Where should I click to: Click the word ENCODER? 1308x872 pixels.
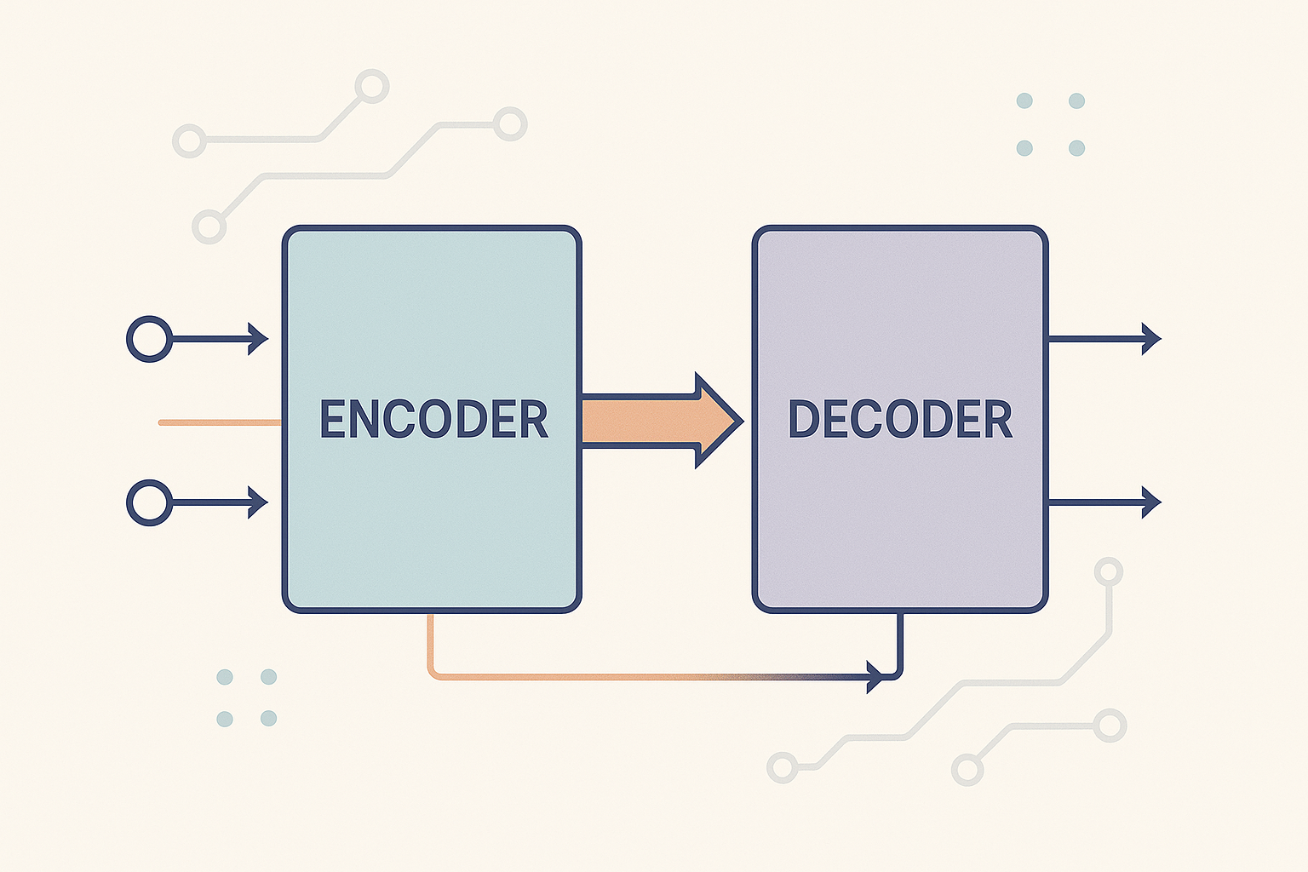[x=433, y=419]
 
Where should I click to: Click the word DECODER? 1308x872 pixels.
[x=900, y=419]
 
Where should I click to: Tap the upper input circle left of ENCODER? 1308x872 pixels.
[x=150, y=339]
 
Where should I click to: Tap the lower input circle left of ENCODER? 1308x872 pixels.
[x=150, y=502]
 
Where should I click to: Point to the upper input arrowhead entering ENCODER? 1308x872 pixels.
[x=258, y=339]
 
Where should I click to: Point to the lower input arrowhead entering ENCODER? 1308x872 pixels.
[x=258, y=502]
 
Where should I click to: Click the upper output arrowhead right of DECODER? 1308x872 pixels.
[x=1150, y=339]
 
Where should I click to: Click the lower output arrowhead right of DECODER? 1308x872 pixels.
[x=1150, y=502]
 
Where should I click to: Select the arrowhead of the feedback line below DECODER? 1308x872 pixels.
[x=875, y=677]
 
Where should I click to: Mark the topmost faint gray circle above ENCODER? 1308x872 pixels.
[x=371, y=86]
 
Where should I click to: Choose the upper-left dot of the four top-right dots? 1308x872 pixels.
[x=1024, y=100]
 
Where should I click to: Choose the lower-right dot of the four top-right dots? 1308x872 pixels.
[x=1076, y=148]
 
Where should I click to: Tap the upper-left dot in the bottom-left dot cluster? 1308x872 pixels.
[x=225, y=677]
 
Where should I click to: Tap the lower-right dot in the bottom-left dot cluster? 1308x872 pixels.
[x=268, y=718]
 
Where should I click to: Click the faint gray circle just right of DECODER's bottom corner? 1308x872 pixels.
[x=1108, y=571]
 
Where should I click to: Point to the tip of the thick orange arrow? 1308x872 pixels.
[x=739, y=421]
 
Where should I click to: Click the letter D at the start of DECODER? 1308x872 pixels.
[x=805, y=419]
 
